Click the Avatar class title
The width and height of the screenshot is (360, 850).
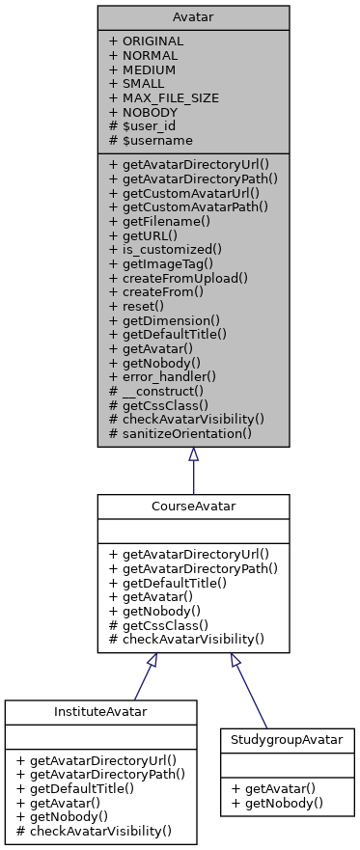(x=193, y=17)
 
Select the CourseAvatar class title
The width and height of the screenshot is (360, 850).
(x=193, y=506)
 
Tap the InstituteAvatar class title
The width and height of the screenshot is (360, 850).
(x=101, y=711)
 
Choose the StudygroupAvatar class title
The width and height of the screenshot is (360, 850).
(x=288, y=738)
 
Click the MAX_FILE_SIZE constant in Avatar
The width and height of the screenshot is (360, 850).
(x=163, y=98)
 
